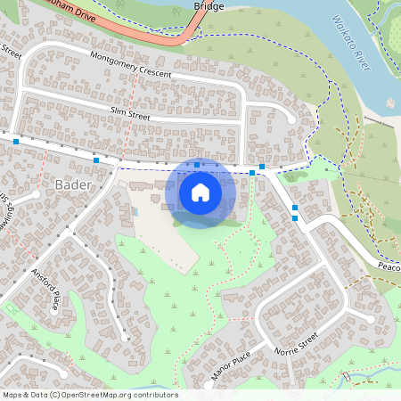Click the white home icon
(200, 192)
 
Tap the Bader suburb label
(73, 185)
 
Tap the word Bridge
(209, 6)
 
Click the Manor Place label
(227, 365)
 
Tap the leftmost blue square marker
(16, 141)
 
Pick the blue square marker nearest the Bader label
(96, 160)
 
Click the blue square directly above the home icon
(197, 166)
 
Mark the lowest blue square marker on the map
(295, 217)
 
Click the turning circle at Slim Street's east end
(291, 119)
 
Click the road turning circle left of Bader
(36, 193)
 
